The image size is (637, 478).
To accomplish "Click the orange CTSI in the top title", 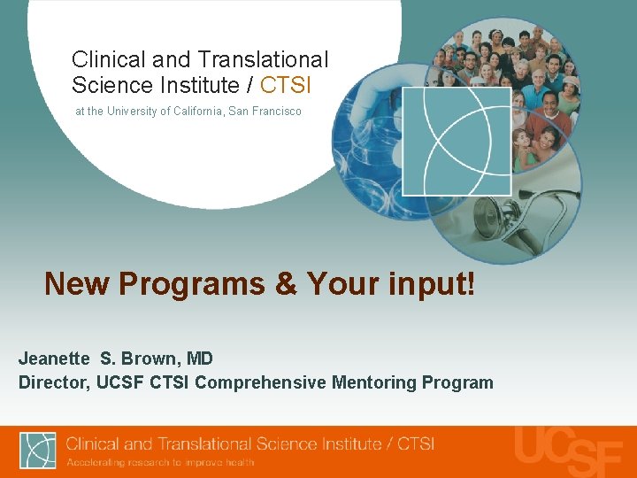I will tap(285, 86).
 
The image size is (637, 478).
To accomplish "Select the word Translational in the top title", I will tap(263, 60).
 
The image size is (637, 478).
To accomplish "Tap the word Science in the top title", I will tap(111, 86).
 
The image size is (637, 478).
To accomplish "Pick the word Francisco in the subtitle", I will tap(275, 112).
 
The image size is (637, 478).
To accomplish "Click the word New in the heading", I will tap(77, 284).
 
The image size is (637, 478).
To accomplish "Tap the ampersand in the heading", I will tap(286, 284).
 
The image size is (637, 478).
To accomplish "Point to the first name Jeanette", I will tap(54, 358).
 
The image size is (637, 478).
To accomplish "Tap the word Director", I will tap(50, 382).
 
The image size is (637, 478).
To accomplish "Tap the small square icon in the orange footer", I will tap(38, 451).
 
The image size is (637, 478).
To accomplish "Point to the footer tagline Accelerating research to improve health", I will tap(160, 462).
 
